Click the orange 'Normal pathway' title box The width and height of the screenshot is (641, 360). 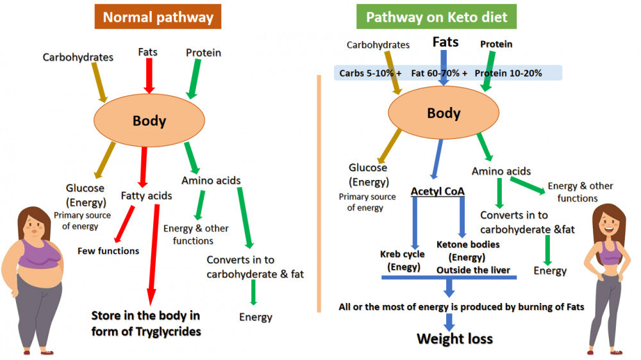coord(158,17)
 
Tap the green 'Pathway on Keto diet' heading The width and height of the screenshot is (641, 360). coord(436,17)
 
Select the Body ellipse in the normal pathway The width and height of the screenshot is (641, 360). coord(149,120)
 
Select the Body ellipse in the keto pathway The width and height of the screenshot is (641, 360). coord(444,113)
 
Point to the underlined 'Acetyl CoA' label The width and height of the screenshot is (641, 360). coord(438,192)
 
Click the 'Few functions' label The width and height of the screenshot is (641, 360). coord(108,250)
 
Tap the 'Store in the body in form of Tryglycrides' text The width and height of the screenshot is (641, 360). coord(146,323)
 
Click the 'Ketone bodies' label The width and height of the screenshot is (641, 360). coord(468,244)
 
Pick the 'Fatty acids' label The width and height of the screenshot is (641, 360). coord(146,195)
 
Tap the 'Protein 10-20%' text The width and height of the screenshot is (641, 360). coord(508,73)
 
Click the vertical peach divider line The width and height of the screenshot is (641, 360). coord(319,192)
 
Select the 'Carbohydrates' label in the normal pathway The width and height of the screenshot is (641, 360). coord(78,57)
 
